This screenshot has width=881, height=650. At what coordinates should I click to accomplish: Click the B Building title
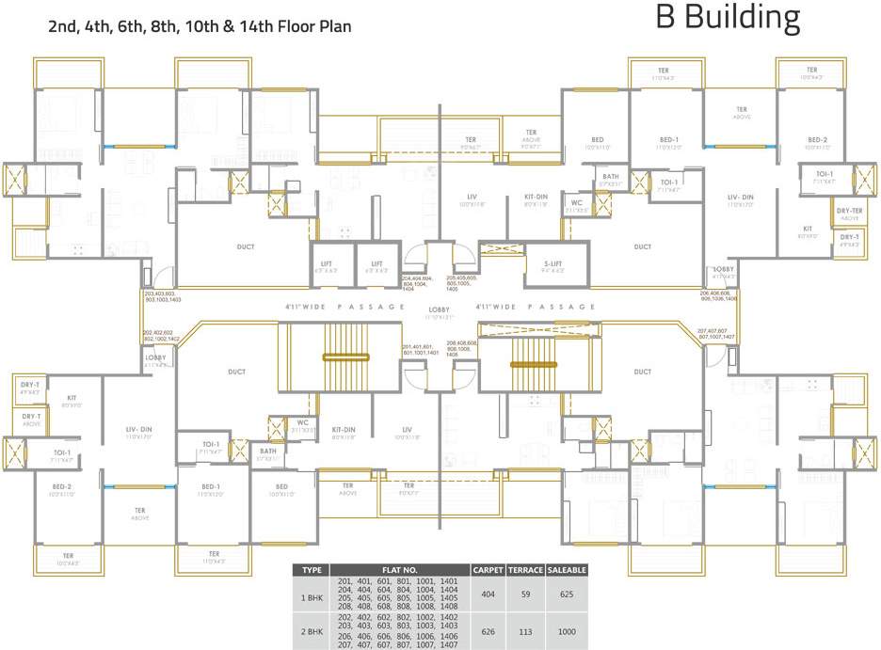tap(728, 20)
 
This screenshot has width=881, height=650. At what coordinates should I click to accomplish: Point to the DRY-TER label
tap(849, 212)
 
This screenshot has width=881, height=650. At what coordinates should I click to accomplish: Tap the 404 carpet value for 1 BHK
tap(488, 595)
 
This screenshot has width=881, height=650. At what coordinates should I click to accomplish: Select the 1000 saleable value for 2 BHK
tap(566, 631)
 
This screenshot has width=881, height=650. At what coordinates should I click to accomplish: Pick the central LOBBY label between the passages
tap(440, 309)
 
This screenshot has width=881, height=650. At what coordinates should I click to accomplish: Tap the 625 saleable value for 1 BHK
tap(566, 595)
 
